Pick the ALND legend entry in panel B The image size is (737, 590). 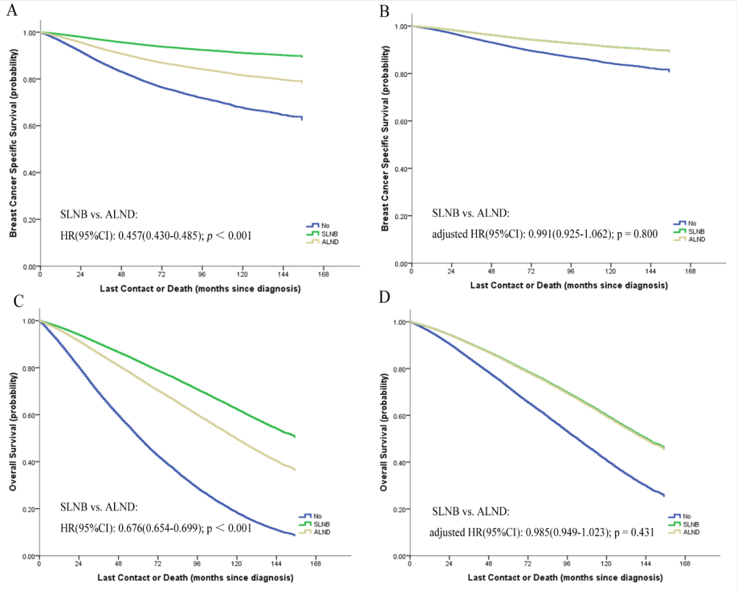689,239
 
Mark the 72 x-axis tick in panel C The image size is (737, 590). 158,565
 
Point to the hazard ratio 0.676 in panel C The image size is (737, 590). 147,527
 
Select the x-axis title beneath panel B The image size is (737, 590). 568,285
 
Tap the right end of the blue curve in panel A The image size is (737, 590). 301,118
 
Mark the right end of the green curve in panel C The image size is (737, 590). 294,436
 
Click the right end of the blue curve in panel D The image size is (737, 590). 663,495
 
